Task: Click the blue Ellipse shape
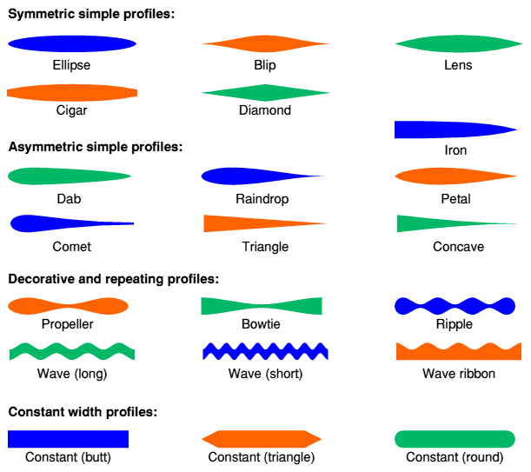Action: (x=71, y=44)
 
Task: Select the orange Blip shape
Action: (x=266, y=44)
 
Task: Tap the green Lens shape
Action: (x=458, y=44)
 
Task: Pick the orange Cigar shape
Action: (x=71, y=92)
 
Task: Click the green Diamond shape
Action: (x=266, y=92)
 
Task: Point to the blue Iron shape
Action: (x=443, y=130)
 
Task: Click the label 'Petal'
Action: (x=455, y=199)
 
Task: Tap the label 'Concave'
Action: (x=458, y=247)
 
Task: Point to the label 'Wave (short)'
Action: (x=265, y=374)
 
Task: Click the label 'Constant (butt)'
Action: (x=69, y=457)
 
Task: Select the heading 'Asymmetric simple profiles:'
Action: (x=96, y=147)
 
